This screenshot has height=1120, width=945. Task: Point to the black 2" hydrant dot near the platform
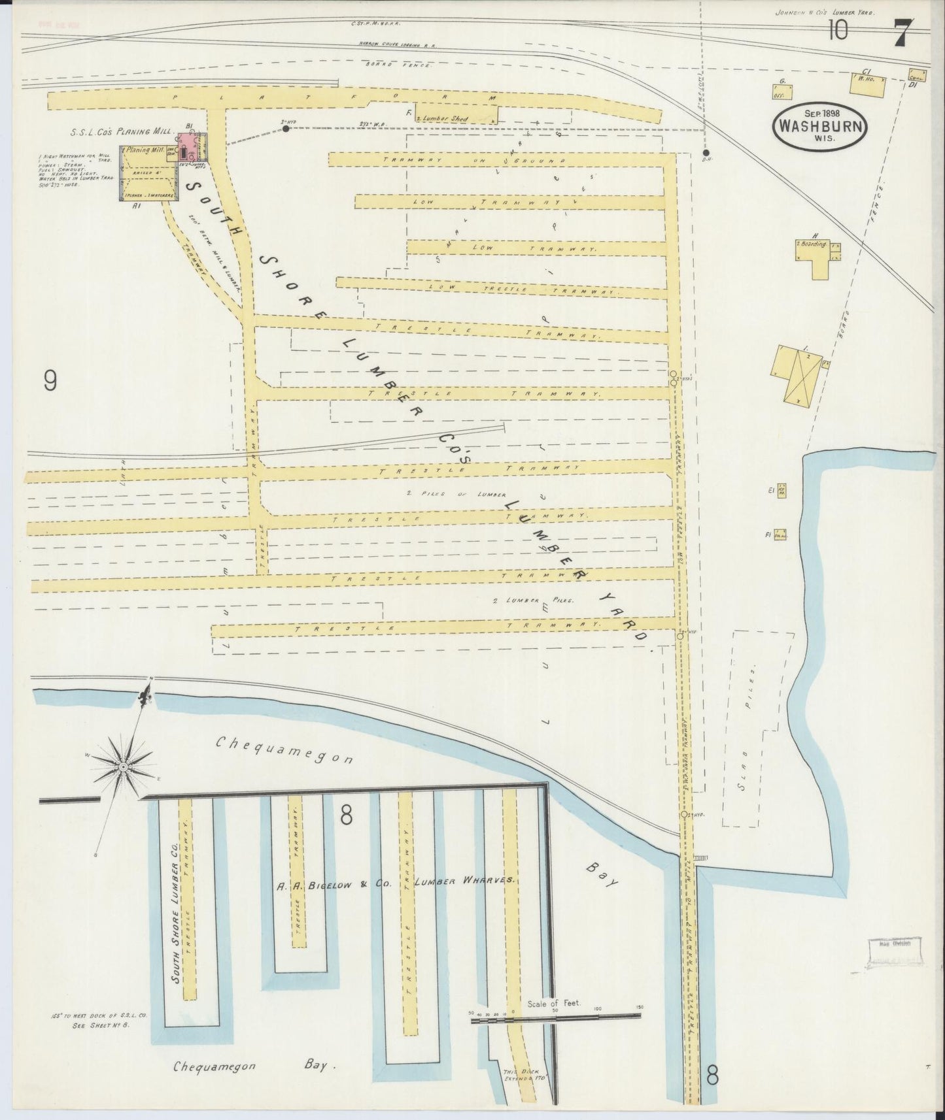click(x=286, y=129)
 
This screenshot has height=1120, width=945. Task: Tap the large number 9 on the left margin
click(x=50, y=380)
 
